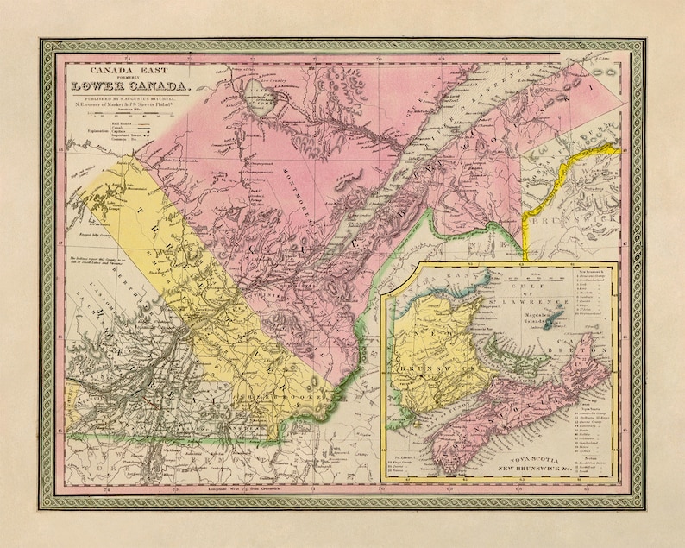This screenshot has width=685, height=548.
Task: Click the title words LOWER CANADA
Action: [x=133, y=84]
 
